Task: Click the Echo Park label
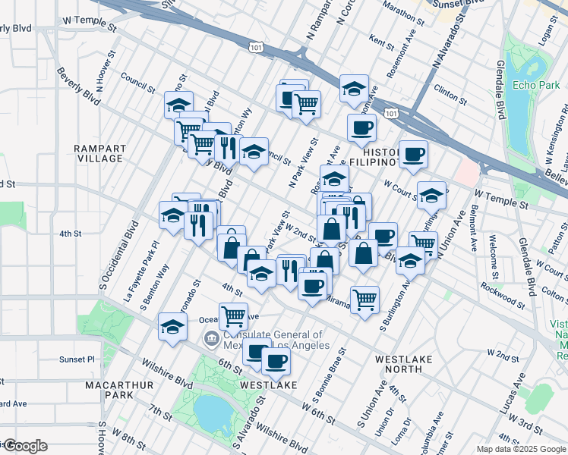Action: click(x=536, y=85)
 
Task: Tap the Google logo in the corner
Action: click(x=24, y=446)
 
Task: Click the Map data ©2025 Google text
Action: click(x=520, y=448)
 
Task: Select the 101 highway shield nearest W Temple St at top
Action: click(x=254, y=48)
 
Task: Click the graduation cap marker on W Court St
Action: click(x=431, y=195)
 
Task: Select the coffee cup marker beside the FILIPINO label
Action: click(x=413, y=155)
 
